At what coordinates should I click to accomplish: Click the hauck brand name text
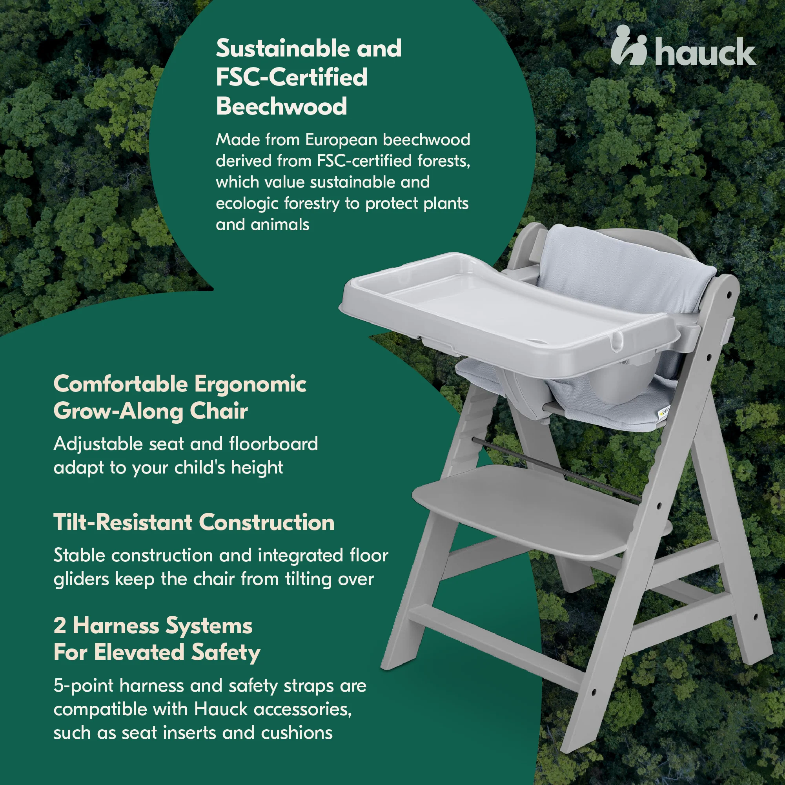pyautogui.click(x=705, y=53)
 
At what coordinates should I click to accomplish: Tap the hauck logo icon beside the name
pyautogui.click(x=628, y=45)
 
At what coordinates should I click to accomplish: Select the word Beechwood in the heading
pyautogui.click(x=281, y=106)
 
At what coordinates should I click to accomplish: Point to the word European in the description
pyautogui.click(x=341, y=140)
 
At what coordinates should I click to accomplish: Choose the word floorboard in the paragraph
pyautogui.click(x=273, y=444)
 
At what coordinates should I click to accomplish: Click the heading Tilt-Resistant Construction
pyautogui.click(x=194, y=522)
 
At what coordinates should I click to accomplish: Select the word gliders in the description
pyautogui.click(x=81, y=579)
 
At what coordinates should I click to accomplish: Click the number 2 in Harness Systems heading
pyautogui.click(x=60, y=626)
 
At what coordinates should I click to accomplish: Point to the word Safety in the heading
pyautogui.click(x=226, y=654)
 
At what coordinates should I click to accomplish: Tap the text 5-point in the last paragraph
pyautogui.click(x=84, y=687)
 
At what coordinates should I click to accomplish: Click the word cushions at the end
pyautogui.click(x=297, y=733)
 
